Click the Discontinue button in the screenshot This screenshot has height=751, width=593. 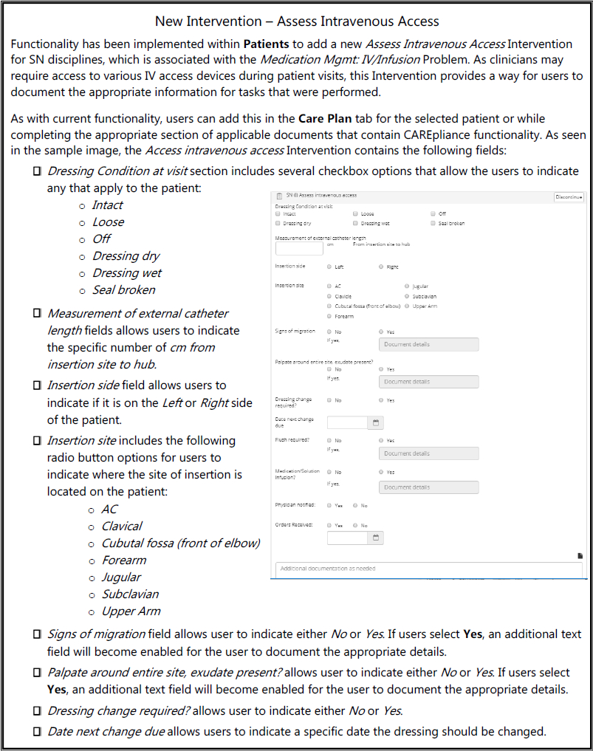pyautogui.click(x=569, y=198)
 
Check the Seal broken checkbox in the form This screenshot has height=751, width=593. pyautogui.click(x=433, y=223)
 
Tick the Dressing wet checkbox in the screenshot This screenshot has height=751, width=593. pyautogui.click(x=355, y=223)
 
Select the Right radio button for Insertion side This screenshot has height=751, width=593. pyautogui.click(x=381, y=267)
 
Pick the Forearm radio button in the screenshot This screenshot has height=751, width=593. pyautogui.click(x=329, y=316)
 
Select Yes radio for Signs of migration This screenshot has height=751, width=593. pyautogui.click(x=381, y=332)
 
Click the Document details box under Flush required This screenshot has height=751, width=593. pyautogui.click(x=428, y=453)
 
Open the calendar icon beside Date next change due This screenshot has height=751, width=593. pyautogui.click(x=376, y=423)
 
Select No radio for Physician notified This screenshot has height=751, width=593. pyautogui.click(x=355, y=506)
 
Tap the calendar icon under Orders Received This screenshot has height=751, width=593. pyautogui.click(x=376, y=538)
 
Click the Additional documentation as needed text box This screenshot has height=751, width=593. pyautogui.click(x=428, y=569)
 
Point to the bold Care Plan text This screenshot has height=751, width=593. pyautogui.click(x=323, y=118)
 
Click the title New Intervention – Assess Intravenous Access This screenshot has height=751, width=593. pyautogui.click(x=297, y=21)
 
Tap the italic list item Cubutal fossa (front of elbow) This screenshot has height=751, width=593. pyautogui.click(x=180, y=543)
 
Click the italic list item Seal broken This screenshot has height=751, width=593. pyautogui.click(x=123, y=290)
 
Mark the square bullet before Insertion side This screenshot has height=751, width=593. pyautogui.click(x=37, y=385)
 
